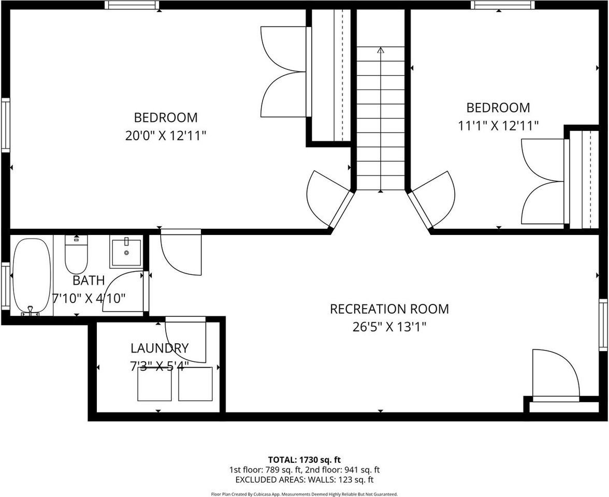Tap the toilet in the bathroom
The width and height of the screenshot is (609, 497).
76,255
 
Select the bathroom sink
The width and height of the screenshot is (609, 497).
126,252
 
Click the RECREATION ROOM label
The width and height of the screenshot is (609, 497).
389,309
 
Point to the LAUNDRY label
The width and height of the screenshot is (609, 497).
159,348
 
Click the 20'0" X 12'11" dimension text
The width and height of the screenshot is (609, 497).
166,136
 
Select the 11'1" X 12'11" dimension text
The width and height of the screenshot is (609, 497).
498,125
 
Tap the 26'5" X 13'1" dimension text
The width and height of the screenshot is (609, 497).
389,327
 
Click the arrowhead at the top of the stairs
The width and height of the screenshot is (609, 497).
381,50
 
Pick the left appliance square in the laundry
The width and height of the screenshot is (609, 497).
154,384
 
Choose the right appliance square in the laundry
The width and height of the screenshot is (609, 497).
195,384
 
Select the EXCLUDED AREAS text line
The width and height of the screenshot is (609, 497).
304,480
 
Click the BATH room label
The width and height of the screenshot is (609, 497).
89,281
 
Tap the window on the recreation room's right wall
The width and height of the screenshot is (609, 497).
603,325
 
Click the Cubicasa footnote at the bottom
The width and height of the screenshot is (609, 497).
304,494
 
